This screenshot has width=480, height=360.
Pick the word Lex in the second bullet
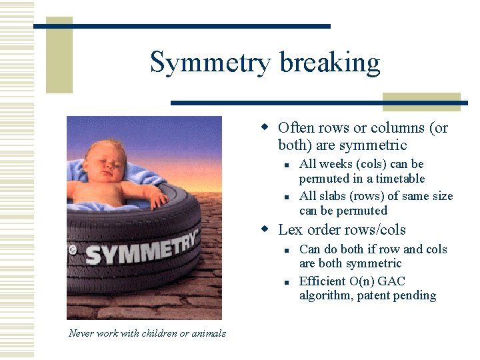point(289,230)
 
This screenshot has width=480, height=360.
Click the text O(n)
point(365,281)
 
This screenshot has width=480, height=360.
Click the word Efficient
point(323,281)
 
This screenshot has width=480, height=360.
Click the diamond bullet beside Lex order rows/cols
point(265,230)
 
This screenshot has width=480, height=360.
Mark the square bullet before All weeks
point(285,165)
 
